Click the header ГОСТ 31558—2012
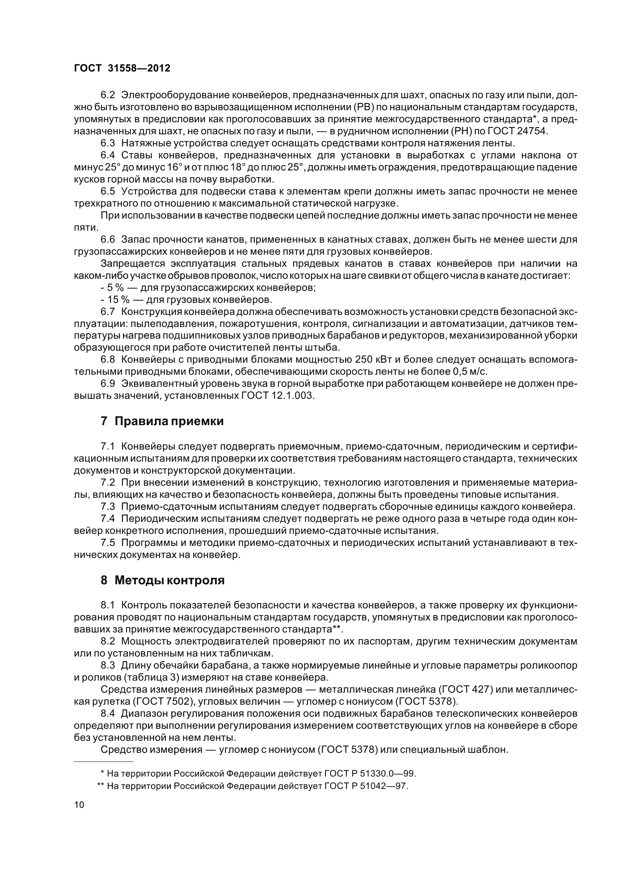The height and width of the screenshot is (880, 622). coord(122,68)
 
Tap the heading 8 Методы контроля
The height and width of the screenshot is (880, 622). coord(163,580)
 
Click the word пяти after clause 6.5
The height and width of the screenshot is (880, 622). coord(85,228)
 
